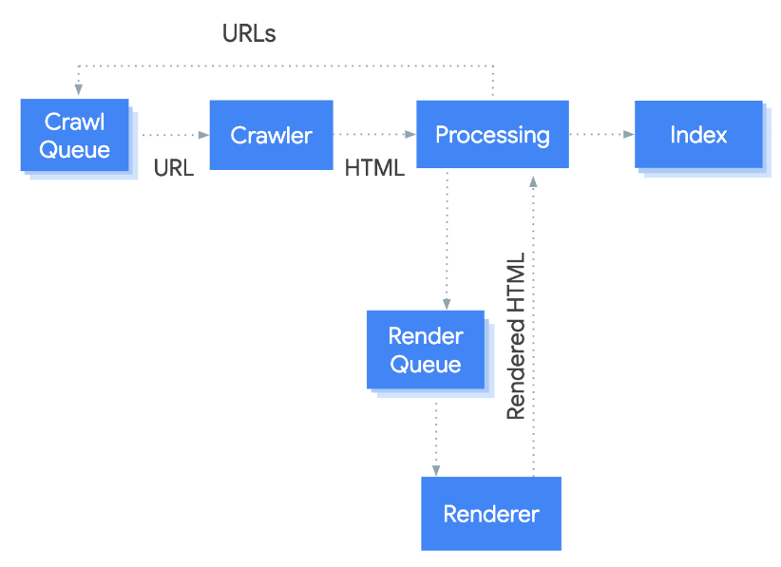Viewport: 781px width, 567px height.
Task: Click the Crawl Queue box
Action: (x=75, y=135)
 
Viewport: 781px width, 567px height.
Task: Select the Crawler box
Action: (x=272, y=135)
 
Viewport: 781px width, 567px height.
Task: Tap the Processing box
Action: (x=492, y=135)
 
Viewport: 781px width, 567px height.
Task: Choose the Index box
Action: (x=698, y=135)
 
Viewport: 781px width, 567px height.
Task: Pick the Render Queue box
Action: (x=426, y=350)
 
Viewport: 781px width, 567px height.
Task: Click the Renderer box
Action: (x=491, y=514)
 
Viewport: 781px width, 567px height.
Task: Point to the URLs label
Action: (x=249, y=34)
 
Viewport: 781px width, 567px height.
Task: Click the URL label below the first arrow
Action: (x=174, y=168)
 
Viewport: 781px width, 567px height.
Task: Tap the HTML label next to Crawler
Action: (x=374, y=168)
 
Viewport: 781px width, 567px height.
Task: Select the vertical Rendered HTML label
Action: (x=516, y=336)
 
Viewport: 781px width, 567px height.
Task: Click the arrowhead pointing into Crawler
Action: (x=203, y=135)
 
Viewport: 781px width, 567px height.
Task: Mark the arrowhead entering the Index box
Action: (x=629, y=135)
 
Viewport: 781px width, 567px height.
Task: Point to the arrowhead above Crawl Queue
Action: (x=79, y=89)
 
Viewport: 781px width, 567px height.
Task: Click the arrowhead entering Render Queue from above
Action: (x=447, y=304)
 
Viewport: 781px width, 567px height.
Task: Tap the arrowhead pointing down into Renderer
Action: (x=436, y=470)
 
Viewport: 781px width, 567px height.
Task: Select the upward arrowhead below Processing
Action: (x=533, y=181)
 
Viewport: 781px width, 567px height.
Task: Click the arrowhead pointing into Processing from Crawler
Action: (x=410, y=135)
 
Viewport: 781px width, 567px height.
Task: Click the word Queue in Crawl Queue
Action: (x=75, y=150)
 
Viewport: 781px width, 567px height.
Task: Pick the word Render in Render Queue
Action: (x=426, y=336)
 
